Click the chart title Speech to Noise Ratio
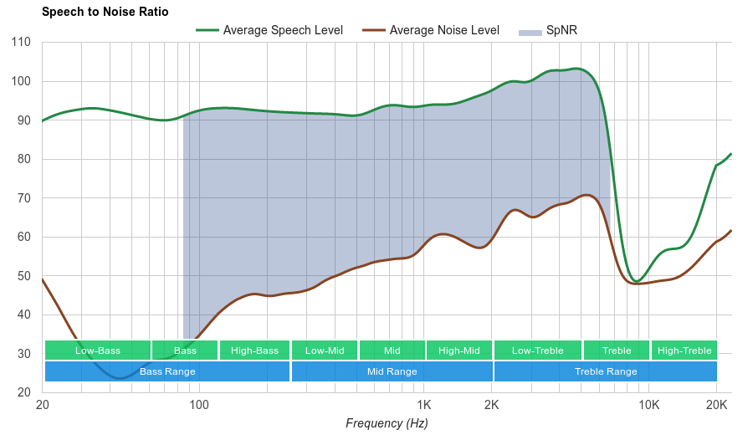[x=105, y=12]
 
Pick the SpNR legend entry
[x=549, y=31]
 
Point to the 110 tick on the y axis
[x=22, y=43]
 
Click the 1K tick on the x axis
[x=424, y=406]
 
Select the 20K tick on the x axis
[x=715, y=406]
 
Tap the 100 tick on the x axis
[x=199, y=406]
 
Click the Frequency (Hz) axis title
[x=387, y=423]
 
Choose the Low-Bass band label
[x=97, y=351]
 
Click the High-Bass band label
[x=254, y=351]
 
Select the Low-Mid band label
[x=325, y=351]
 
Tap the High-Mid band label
[x=459, y=351]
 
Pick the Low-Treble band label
[x=538, y=351]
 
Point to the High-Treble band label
[x=684, y=351]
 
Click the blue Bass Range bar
[x=167, y=371]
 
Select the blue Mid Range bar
[x=392, y=371]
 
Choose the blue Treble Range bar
[x=606, y=371]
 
